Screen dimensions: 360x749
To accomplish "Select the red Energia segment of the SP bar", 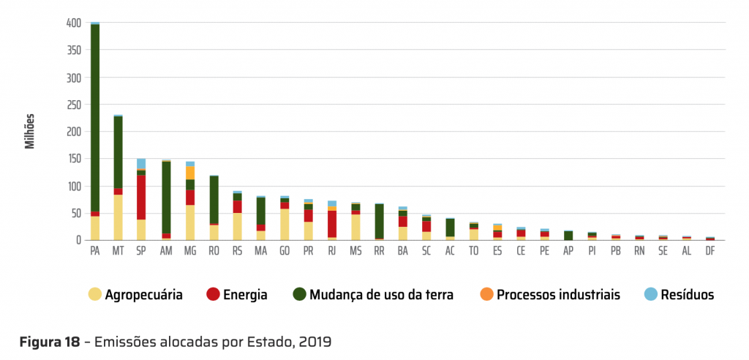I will [141, 198].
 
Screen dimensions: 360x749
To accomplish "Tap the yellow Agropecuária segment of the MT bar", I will [118, 217].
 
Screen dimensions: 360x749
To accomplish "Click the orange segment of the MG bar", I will [189, 173].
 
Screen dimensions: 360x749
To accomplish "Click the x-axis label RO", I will [213, 251].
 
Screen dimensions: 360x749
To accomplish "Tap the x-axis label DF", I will [710, 251].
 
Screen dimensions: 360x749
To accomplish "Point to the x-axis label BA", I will [402, 251].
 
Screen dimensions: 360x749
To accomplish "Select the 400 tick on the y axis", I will [73, 23].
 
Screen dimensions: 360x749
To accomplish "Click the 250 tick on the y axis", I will [73, 105].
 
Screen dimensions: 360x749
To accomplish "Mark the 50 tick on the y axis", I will [75, 213].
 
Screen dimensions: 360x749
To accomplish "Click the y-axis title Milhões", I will [30, 132].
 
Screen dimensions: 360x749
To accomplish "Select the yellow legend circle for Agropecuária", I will [94, 294].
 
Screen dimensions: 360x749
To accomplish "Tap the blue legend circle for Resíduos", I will [650, 294].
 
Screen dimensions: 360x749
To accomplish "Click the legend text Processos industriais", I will [559, 295].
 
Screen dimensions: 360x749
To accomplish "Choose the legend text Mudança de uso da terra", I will [381, 295].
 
